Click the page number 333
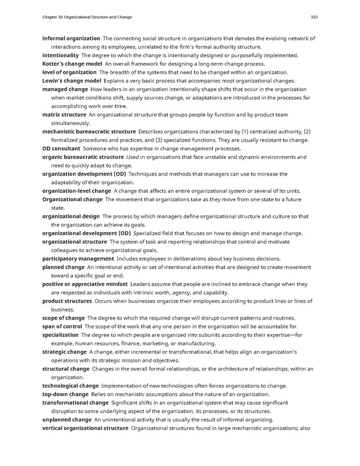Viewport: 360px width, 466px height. [x=314, y=18]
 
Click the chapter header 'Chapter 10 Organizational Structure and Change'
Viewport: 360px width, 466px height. [x=87, y=18]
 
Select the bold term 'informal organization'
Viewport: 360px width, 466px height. [x=71, y=38]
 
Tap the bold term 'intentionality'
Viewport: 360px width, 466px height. [x=61, y=55]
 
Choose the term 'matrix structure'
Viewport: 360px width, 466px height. [x=64, y=115]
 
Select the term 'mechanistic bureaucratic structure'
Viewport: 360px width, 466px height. [x=89, y=132]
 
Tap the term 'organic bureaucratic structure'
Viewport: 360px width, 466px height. [x=83, y=157]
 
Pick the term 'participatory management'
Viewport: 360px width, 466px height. [x=78, y=259]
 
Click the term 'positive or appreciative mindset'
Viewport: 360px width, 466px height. [x=85, y=284]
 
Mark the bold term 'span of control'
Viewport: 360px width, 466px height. [x=62, y=326]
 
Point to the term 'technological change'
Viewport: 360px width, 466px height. [x=70, y=386]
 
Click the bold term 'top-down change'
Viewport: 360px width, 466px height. [x=65, y=395]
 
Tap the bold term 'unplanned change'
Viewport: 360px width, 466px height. [x=67, y=420]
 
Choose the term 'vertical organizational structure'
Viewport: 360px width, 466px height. [x=85, y=428]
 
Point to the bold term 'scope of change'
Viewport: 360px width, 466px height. [x=63, y=318]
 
